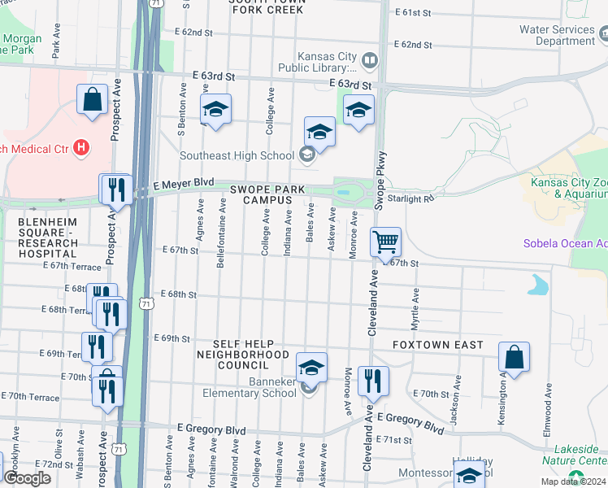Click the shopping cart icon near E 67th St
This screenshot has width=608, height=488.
click(385, 242)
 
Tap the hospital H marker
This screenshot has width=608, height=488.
click(80, 147)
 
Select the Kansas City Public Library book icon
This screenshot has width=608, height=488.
click(369, 61)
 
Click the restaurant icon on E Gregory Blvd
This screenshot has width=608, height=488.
click(373, 380)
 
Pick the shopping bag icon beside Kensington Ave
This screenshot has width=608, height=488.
click(514, 356)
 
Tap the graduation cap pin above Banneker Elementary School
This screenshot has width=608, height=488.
click(311, 368)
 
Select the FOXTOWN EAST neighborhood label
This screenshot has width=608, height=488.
click(437, 345)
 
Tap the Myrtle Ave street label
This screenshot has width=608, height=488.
click(415, 306)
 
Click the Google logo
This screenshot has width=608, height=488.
click(27, 478)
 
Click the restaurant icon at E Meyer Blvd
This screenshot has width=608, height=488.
click(115, 190)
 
